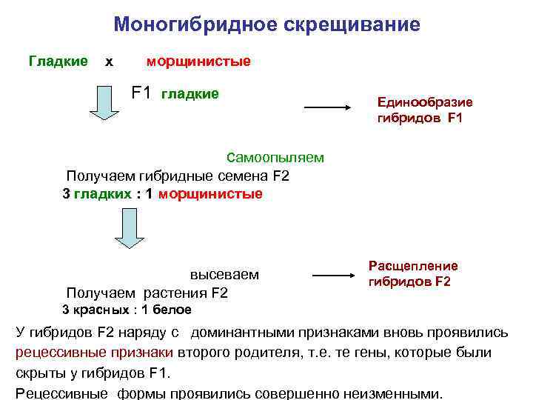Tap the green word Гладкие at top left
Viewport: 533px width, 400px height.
click(x=58, y=61)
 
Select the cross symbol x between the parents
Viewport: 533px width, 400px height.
click(x=110, y=62)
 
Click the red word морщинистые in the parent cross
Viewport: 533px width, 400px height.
click(x=198, y=61)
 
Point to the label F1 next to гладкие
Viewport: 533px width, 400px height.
click(x=141, y=93)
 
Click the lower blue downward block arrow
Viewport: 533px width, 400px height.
click(x=128, y=230)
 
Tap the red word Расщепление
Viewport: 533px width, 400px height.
click(x=413, y=266)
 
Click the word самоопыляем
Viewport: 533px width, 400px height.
click(x=275, y=157)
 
